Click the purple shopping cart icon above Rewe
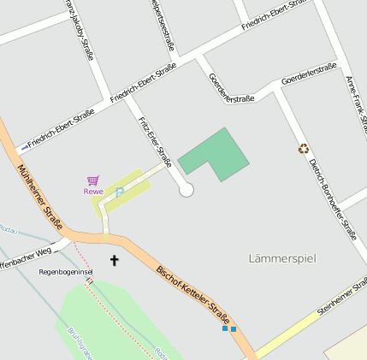pyautogui.click(x=93, y=180)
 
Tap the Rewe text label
pyautogui.click(x=93, y=192)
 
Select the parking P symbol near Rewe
pyautogui.click(x=119, y=193)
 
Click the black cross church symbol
pyautogui.click(x=115, y=259)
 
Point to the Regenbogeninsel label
pyautogui.click(x=65, y=272)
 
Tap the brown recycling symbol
pyautogui.click(x=303, y=148)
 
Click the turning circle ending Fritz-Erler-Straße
pyautogui.click(x=186, y=191)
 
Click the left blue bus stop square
pyautogui.click(x=225, y=328)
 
